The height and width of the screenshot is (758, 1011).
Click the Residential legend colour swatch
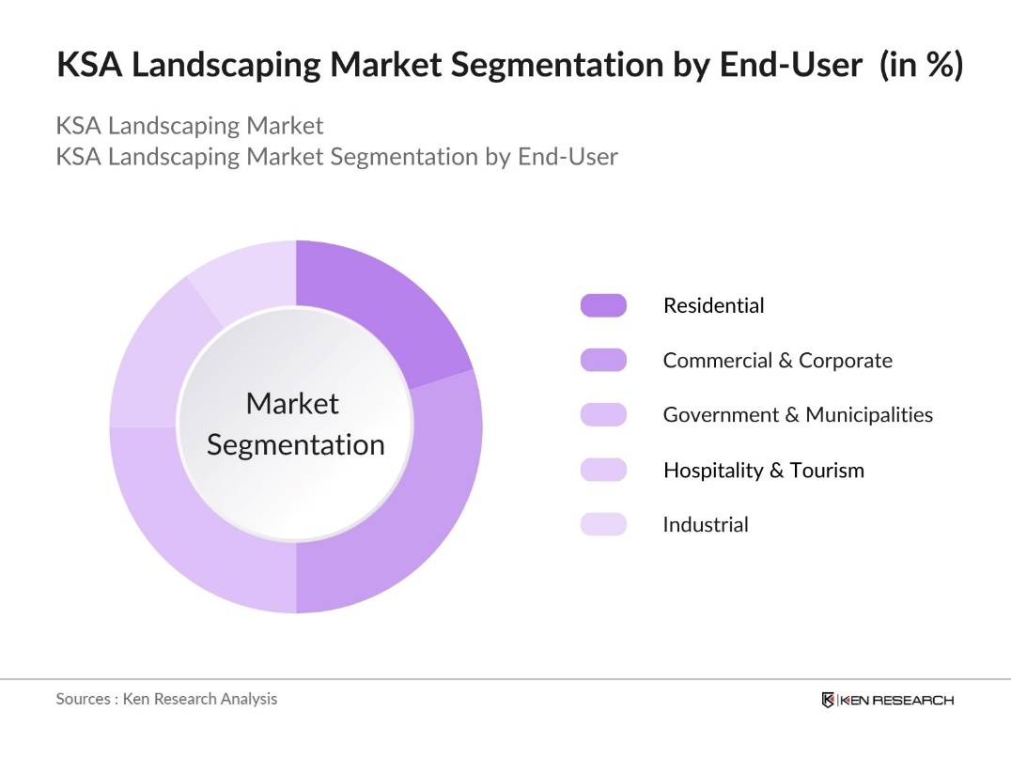[603, 305]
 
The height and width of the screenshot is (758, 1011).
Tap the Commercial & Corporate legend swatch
[603, 360]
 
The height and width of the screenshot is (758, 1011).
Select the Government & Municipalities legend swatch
[603, 414]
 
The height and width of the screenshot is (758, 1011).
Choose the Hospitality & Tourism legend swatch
[603, 470]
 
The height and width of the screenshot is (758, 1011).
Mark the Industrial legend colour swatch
[603, 524]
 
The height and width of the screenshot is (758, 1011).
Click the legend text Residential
[713, 305]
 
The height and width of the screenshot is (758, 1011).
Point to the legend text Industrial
[706, 524]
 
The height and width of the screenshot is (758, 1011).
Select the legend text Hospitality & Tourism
[763, 470]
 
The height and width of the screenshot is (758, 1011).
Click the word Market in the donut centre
[291, 404]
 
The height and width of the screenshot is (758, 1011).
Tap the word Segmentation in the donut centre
[296, 444]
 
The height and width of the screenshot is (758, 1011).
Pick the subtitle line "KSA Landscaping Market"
[190, 126]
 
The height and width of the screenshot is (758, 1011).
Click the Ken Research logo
[887, 700]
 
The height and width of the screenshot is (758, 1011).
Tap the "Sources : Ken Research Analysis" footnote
[166, 699]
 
